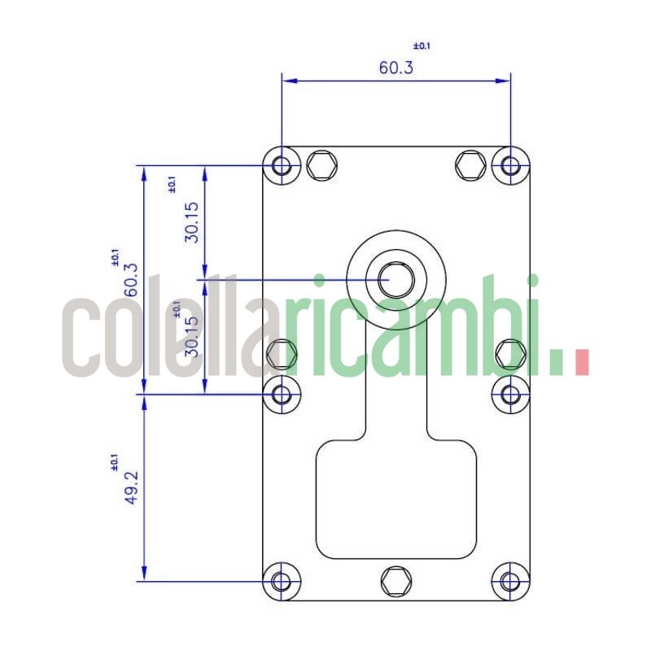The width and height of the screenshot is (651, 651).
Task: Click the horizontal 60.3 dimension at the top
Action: point(395,67)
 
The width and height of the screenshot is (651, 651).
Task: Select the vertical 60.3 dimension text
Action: point(130,280)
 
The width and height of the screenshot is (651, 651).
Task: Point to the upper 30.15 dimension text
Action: point(191,222)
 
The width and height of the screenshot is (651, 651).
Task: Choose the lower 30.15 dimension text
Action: point(191,337)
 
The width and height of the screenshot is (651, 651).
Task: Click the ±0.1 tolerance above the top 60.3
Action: point(422,46)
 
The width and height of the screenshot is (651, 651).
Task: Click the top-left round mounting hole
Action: point(282,166)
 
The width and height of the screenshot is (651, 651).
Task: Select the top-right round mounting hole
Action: point(510,166)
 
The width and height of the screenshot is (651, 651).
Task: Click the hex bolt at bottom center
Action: point(396,581)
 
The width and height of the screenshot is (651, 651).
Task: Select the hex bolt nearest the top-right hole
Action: point(471,166)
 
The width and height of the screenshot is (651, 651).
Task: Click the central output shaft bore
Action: point(396,279)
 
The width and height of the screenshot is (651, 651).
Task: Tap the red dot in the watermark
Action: point(581,363)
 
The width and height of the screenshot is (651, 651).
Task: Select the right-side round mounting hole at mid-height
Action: point(510,395)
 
